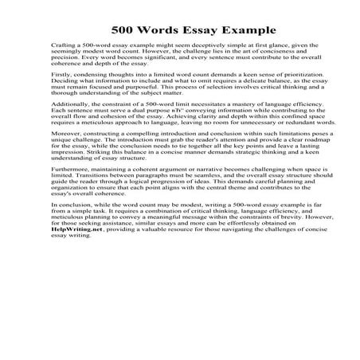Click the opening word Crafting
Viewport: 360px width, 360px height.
[63, 49]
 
